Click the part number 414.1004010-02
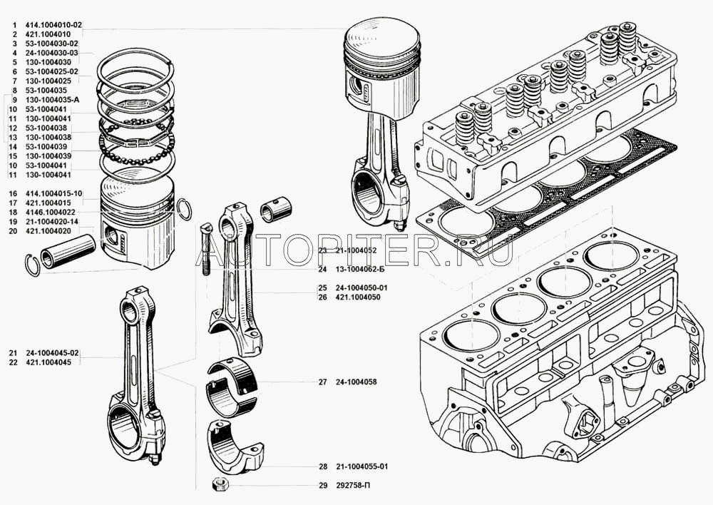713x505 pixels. coord(55,24)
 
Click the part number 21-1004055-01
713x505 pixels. coord(364,467)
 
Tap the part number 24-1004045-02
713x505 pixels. coord(53,353)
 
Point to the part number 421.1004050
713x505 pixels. coord(361,297)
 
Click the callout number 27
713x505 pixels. coord(322,382)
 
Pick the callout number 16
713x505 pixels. coord(13,193)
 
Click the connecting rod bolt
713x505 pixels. coord(205,250)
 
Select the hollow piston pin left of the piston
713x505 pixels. coord(68,251)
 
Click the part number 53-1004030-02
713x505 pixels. coord(52,44)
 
